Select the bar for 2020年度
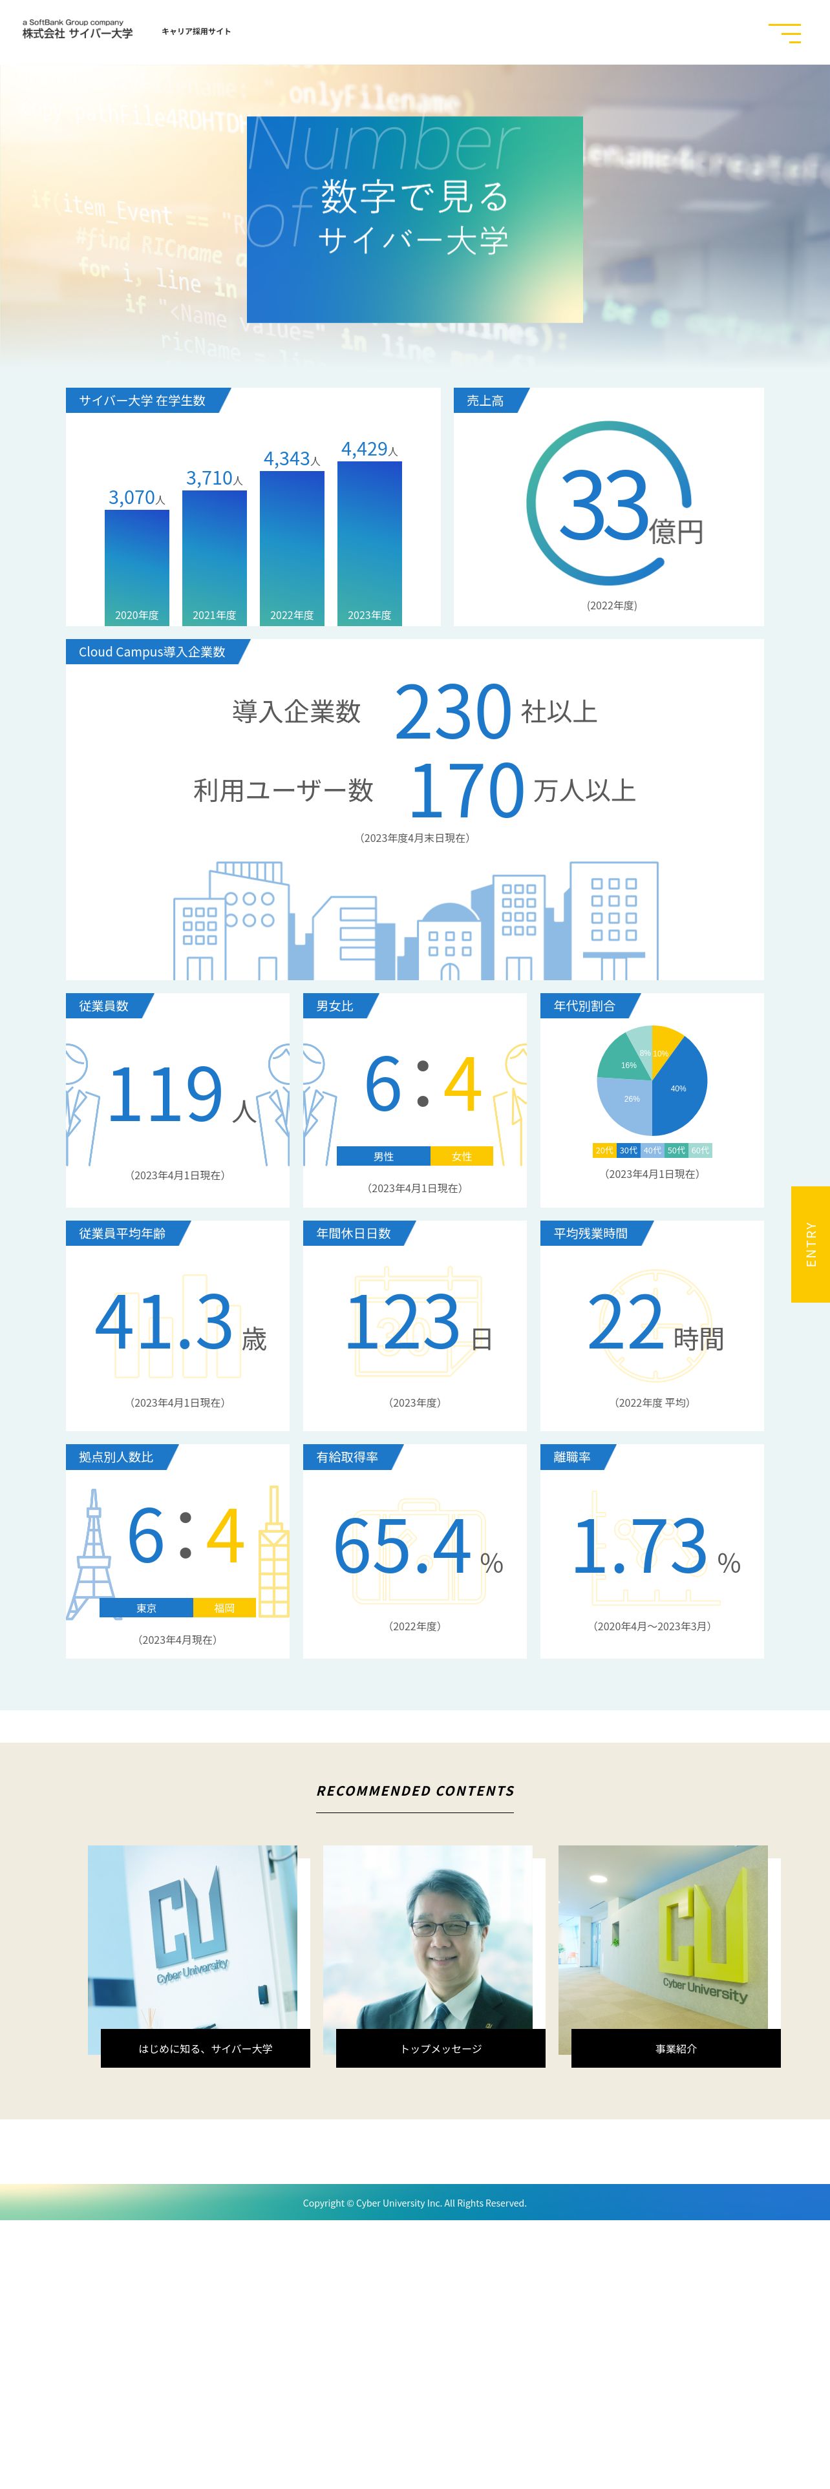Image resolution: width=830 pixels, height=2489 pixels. click(136, 566)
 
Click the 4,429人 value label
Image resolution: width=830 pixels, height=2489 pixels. click(369, 449)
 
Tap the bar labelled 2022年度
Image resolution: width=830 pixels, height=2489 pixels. click(292, 547)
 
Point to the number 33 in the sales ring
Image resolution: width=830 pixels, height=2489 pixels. click(604, 505)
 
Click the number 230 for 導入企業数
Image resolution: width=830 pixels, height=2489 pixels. click(452, 712)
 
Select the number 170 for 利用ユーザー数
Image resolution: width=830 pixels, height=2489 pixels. click(467, 790)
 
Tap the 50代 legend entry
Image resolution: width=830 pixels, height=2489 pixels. click(676, 1150)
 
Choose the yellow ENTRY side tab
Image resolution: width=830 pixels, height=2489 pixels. click(811, 1244)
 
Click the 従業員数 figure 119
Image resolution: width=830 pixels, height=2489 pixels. click(165, 1095)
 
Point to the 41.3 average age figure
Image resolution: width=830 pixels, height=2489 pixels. click(164, 1322)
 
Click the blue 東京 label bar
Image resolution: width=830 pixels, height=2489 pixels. click(146, 1607)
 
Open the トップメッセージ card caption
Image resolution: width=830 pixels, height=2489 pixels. click(441, 2048)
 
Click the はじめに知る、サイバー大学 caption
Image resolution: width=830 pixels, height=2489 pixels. click(205, 2048)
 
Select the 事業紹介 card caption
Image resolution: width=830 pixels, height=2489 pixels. click(676, 2048)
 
